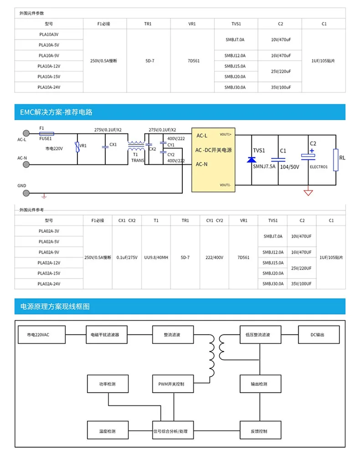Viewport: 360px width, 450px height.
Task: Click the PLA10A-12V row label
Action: click(49, 66)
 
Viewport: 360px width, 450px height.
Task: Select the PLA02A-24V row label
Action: click(49, 284)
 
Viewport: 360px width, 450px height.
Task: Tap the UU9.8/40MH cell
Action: click(156, 257)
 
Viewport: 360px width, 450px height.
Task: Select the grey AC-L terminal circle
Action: click(26, 133)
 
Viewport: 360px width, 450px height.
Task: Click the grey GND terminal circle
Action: click(26, 192)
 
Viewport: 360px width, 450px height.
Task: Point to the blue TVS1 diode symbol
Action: click(251, 159)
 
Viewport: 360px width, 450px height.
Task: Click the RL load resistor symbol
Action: click(336, 159)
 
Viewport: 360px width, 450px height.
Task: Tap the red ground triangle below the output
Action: click(309, 192)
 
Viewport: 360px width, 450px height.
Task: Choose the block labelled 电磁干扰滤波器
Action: click(102, 335)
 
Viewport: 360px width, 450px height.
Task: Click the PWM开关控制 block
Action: click(169, 384)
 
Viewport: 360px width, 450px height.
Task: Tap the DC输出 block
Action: click(318, 335)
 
